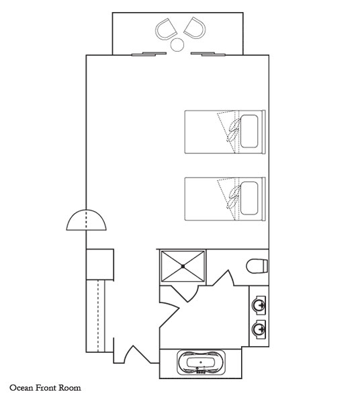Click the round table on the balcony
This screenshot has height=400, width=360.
pyautogui.click(x=177, y=44)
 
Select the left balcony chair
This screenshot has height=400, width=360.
pyautogui.click(x=166, y=29)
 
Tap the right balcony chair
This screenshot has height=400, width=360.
pyautogui.click(x=195, y=28)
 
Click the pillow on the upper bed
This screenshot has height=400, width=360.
pyautogui.click(x=249, y=131)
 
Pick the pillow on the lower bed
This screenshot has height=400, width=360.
pyautogui.click(x=249, y=198)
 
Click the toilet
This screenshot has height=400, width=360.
pyautogui.click(x=257, y=266)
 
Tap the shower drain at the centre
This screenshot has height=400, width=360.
pyautogui.click(x=183, y=266)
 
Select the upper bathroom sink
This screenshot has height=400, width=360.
pyautogui.click(x=259, y=305)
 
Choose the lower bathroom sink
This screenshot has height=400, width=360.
pyautogui.click(x=259, y=329)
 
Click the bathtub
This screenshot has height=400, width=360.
pyautogui.click(x=201, y=362)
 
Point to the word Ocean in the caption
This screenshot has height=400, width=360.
pyautogui.click(x=21, y=388)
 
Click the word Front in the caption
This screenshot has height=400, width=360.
pyautogui.click(x=46, y=388)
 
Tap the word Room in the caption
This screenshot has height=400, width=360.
pyautogui.click(x=70, y=388)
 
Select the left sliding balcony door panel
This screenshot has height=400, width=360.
pyautogui.click(x=149, y=54)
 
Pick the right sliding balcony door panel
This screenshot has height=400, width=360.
pyautogui.click(x=208, y=54)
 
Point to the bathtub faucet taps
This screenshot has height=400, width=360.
pyautogui.click(x=201, y=371)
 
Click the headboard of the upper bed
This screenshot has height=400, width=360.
pyautogui.click(x=264, y=132)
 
